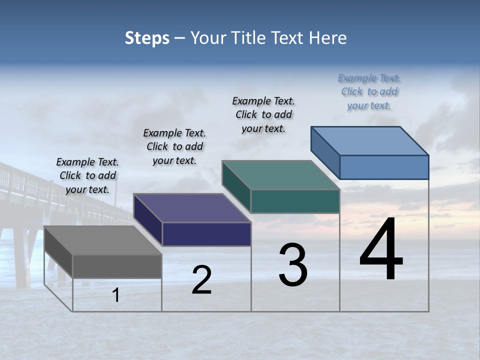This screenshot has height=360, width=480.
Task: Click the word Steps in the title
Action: tap(147, 38)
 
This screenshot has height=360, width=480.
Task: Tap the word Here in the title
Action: tap(327, 38)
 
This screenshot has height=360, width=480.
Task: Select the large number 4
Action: tap(381, 250)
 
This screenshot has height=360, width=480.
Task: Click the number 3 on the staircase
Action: tap(293, 265)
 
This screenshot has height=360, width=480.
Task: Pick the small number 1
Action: tap(116, 295)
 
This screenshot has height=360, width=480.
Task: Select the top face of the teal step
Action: tap(280, 175)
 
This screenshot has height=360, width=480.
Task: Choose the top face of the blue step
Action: tap(369, 140)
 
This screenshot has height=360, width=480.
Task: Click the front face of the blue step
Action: tap(384, 167)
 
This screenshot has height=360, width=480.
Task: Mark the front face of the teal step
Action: tap(295, 201)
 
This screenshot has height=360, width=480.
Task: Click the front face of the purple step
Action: tap(206, 234)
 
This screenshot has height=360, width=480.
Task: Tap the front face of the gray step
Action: tap(117, 266)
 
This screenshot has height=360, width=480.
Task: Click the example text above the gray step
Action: tap(87, 175)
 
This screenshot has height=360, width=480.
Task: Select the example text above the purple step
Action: tap(174, 146)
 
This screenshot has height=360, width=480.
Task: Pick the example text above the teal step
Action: tap(263, 114)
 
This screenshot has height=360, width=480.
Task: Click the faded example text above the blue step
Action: tap(369, 91)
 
